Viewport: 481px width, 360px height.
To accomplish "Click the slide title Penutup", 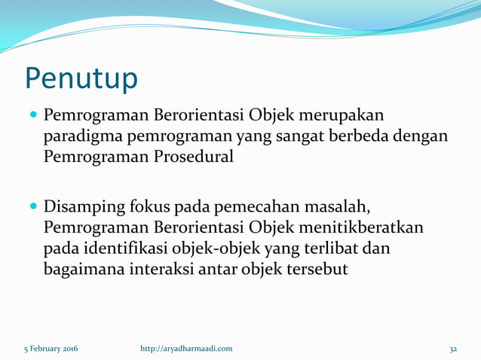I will (x=81, y=78).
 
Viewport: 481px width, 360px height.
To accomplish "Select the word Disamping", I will (x=83, y=206).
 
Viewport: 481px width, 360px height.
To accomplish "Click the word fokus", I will (x=150, y=206).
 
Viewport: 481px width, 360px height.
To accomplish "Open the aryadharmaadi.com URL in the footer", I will (x=186, y=349).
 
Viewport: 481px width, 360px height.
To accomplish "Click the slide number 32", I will (x=453, y=349).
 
